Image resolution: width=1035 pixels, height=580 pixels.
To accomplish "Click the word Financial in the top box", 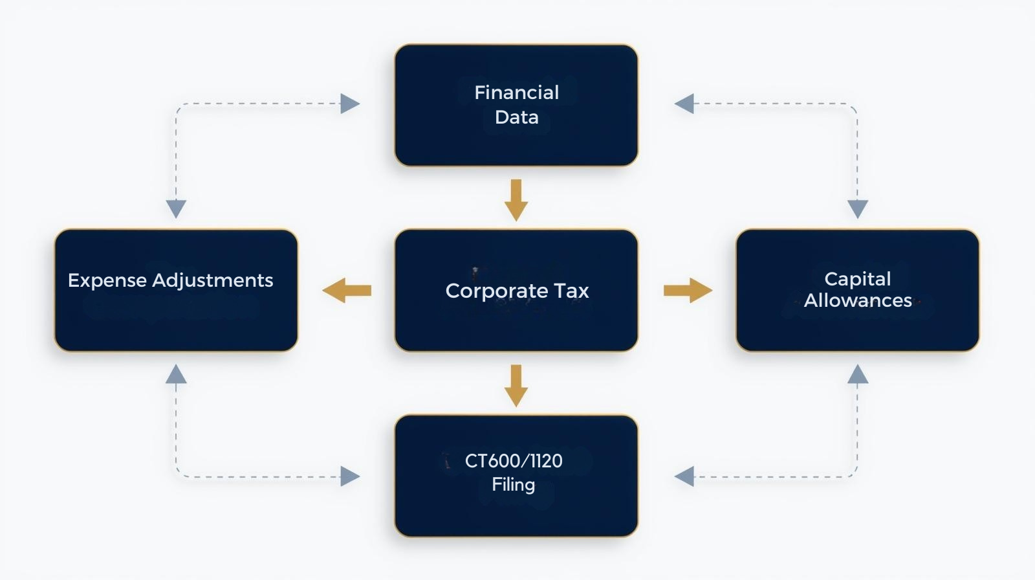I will (x=516, y=93).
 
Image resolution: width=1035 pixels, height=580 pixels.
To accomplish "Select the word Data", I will (x=516, y=117).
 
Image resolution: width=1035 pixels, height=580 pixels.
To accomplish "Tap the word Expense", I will (x=107, y=280).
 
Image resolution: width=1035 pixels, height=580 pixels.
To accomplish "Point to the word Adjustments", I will (x=213, y=280).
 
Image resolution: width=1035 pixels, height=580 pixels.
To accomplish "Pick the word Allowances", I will (x=858, y=300).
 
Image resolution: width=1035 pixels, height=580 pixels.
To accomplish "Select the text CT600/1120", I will (x=514, y=461).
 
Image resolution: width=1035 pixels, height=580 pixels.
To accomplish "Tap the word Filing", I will (x=514, y=484).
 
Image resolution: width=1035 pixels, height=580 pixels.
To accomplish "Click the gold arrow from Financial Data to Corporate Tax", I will (x=516, y=200).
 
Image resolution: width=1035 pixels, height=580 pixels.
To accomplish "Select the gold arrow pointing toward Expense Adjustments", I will (x=347, y=291).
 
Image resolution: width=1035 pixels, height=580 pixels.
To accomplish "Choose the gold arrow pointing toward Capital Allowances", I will (x=688, y=291).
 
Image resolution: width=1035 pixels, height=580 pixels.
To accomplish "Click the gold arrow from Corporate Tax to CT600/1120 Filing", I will (x=516, y=386).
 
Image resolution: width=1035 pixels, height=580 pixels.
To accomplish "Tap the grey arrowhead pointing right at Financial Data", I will (x=349, y=104).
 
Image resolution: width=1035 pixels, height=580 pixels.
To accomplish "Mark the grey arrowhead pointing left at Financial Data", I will (x=684, y=104).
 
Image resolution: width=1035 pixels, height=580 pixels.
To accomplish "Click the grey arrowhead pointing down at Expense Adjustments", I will (x=176, y=208).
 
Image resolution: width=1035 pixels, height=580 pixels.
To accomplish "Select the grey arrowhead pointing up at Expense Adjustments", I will (x=176, y=374).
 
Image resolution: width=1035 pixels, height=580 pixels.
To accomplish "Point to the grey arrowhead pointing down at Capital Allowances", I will (x=858, y=208).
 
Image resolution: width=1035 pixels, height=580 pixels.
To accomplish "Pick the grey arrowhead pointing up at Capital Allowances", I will (x=858, y=374).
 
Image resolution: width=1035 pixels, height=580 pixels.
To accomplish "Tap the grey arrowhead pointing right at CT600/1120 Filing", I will (x=349, y=476).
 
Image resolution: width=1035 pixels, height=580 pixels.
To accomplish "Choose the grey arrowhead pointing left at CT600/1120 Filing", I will (x=684, y=476).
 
